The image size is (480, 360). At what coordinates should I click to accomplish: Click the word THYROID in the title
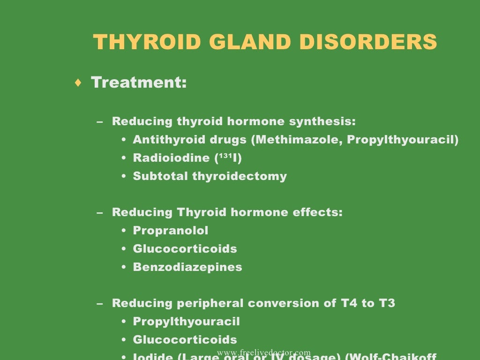point(147,43)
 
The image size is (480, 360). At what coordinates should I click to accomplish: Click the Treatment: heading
point(139,83)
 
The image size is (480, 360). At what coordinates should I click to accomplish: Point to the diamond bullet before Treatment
point(78,83)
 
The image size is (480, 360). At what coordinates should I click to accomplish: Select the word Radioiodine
point(172,158)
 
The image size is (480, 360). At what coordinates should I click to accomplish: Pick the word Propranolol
point(171,231)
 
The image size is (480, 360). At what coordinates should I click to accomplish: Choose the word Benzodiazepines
point(187,267)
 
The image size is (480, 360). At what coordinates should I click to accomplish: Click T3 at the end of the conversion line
point(387,303)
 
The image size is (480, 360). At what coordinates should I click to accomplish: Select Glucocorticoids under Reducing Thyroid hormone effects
point(185,249)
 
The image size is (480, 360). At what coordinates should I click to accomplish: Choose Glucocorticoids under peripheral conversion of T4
point(185,340)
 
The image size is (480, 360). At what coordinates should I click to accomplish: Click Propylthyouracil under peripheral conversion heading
point(187,322)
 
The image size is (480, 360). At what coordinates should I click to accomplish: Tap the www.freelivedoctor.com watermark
point(263,352)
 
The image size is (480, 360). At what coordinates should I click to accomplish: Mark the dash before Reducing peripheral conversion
point(99,304)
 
